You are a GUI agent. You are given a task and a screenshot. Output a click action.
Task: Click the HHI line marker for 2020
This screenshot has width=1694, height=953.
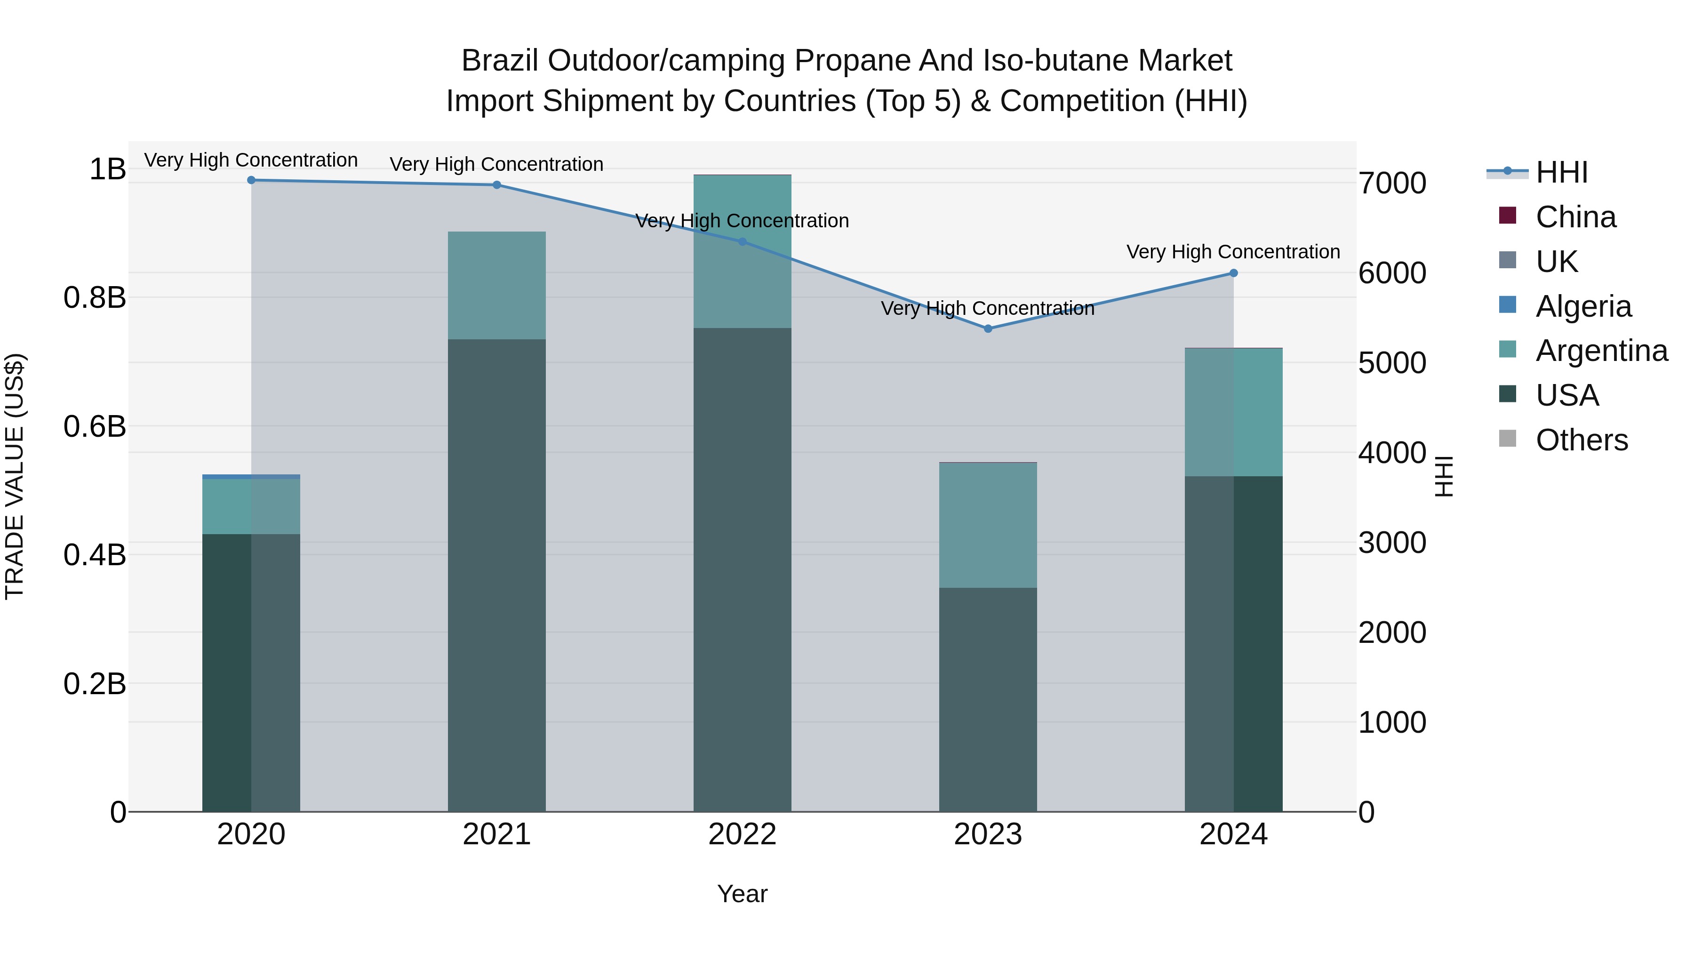[x=251, y=180]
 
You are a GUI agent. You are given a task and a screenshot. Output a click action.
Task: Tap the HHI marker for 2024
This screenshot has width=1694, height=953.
[x=1233, y=273]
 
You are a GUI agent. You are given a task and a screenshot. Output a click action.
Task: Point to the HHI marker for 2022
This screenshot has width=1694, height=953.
[x=743, y=242]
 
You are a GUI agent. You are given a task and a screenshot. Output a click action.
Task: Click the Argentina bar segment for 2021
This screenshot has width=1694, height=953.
[x=496, y=286]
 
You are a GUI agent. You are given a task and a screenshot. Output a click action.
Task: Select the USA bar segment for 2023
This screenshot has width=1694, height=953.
[x=988, y=699]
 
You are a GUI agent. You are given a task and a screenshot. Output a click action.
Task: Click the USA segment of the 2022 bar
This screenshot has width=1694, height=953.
[x=743, y=569]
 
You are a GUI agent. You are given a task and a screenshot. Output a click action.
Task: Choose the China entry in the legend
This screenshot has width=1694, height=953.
[x=1575, y=217]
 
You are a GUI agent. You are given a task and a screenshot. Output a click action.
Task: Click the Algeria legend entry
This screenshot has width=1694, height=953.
[x=1583, y=306]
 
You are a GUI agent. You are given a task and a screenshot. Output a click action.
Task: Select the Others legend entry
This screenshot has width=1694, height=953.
[x=1582, y=440]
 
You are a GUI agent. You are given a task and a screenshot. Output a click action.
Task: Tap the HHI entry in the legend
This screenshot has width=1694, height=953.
[x=1562, y=172]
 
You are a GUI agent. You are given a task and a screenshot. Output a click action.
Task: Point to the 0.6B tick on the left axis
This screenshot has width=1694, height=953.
[x=95, y=426]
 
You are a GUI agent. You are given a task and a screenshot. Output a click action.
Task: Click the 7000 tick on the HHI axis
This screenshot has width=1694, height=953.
[x=1392, y=184]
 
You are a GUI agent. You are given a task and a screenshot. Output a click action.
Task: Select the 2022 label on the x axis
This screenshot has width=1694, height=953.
[x=743, y=834]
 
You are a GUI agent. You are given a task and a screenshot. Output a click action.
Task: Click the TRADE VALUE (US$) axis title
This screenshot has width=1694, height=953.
[x=15, y=476]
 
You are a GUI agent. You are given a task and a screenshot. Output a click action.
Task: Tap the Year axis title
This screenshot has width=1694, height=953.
[x=743, y=894]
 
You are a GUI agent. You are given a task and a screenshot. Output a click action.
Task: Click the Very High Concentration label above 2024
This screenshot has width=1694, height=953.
[x=1233, y=252]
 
